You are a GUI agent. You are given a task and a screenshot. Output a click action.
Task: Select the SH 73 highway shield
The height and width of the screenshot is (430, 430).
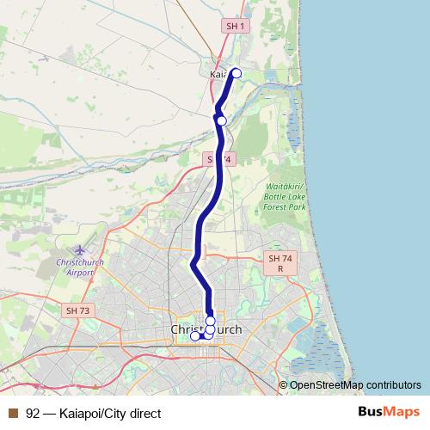tap(77, 310)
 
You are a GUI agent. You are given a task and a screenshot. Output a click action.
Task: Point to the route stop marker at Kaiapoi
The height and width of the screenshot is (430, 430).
tap(236, 73)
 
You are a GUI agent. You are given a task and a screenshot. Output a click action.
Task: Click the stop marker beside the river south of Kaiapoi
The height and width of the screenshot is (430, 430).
tap(222, 120)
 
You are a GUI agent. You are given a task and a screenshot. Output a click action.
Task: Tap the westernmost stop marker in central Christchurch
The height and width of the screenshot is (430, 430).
tap(194, 336)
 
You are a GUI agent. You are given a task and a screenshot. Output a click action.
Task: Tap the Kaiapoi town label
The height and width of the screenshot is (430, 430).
tap(218, 75)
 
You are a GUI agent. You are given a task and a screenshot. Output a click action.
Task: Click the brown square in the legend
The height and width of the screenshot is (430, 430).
tap(13, 412)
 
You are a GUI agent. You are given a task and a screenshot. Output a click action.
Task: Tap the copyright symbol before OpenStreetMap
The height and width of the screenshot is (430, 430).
tap(284, 384)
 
